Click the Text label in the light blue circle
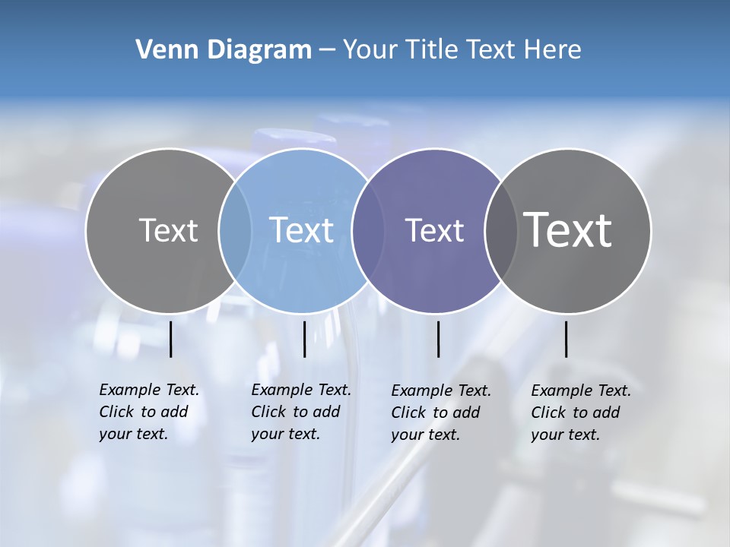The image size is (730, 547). [x=302, y=230]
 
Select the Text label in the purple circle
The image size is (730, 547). [x=434, y=230]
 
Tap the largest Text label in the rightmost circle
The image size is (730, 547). [x=568, y=229]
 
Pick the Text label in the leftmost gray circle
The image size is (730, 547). [x=168, y=230]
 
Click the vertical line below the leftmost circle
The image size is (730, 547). [x=170, y=339]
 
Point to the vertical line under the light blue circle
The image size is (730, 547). [x=304, y=339]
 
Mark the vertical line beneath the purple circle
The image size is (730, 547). [x=438, y=339]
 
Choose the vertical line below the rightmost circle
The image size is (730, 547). [x=566, y=339]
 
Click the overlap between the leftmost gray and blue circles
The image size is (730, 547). [x=235, y=231]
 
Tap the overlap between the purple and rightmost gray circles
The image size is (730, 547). [x=501, y=231]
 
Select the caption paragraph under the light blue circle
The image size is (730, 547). [x=300, y=412]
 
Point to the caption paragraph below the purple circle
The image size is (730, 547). [x=440, y=413]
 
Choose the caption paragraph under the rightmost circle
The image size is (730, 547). [x=580, y=413]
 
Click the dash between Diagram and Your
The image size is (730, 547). [x=326, y=50]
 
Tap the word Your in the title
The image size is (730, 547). [x=368, y=50]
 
